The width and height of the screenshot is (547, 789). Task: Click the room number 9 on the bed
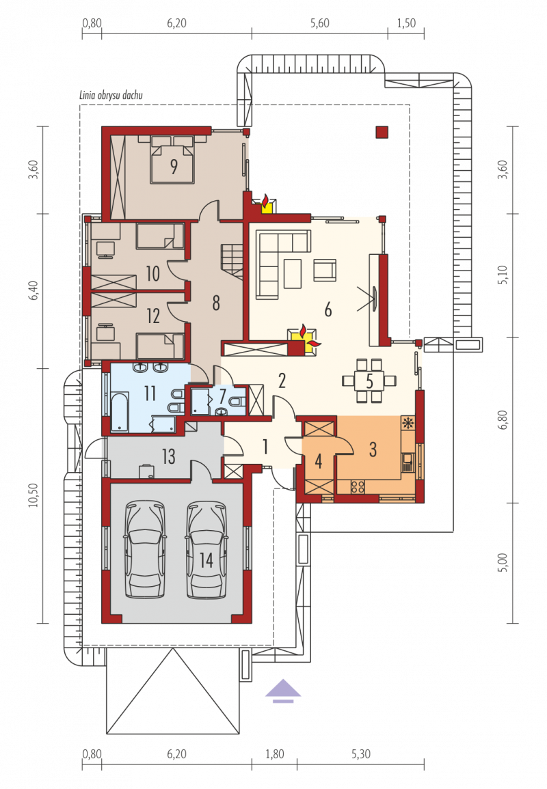[174, 166]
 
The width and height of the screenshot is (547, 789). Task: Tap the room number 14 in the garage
[206, 559]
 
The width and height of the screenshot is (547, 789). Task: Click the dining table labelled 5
[369, 381]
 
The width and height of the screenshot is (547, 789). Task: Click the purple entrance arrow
[284, 690]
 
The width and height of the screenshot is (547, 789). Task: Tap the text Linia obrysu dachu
[111, 95]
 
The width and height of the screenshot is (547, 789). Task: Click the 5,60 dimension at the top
[320, 23]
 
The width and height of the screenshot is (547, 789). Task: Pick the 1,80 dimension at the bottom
[274, 753]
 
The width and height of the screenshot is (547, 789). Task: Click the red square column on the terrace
[382, 132]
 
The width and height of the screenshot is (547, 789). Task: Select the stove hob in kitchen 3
[358, 486]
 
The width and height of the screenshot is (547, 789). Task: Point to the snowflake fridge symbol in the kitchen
[408, 423]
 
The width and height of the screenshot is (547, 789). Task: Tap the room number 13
[168, 456]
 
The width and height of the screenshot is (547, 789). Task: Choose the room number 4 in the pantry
[319, 461]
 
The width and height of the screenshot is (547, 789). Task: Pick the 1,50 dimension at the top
[406, 23]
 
